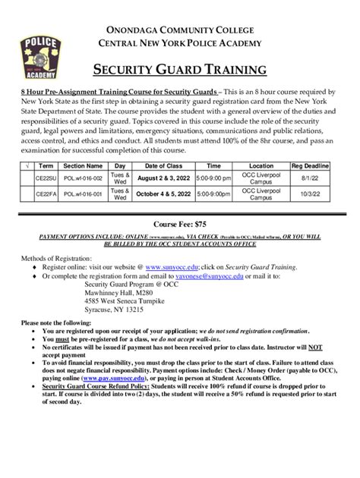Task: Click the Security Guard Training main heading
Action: coord(179,71)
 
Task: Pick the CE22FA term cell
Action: coord(46,194)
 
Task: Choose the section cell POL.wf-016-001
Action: coord(82,194)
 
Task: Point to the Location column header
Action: coord(261,165)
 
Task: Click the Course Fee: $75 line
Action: coord(180,225)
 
